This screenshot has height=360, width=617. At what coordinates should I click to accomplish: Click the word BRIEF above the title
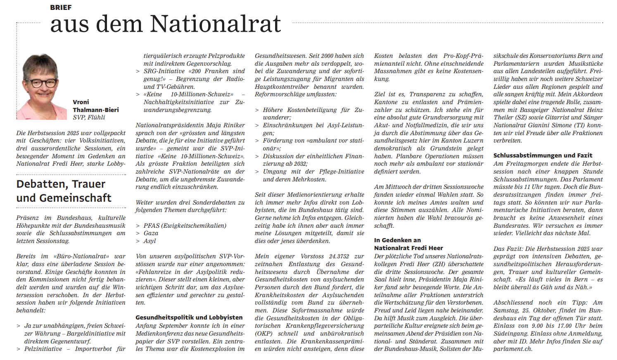click(x=61, y=7)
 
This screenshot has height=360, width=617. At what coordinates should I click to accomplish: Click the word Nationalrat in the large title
click(x=215, y=24)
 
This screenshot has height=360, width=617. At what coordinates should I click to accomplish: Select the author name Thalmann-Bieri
click(x=96, y=110)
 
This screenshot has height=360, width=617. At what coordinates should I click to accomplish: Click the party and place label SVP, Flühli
click(x=89, y=117)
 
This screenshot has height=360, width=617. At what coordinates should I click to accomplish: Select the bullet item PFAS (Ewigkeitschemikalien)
click(x=185, y=226)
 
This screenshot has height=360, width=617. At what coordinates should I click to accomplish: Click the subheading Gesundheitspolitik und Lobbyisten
click(x=189, y=317)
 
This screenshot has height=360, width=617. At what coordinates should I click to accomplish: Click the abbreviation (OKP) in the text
click(x=263, y=334)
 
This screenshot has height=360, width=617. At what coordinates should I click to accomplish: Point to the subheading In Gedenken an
click(x=397, y=240)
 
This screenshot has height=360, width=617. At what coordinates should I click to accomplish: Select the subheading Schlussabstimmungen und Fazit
click(x=543, y=155)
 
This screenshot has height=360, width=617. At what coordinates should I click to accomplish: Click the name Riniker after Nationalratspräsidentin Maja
click(x=234, y=125)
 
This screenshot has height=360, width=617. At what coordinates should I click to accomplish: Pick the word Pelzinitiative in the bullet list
click(x=43, y=349)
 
